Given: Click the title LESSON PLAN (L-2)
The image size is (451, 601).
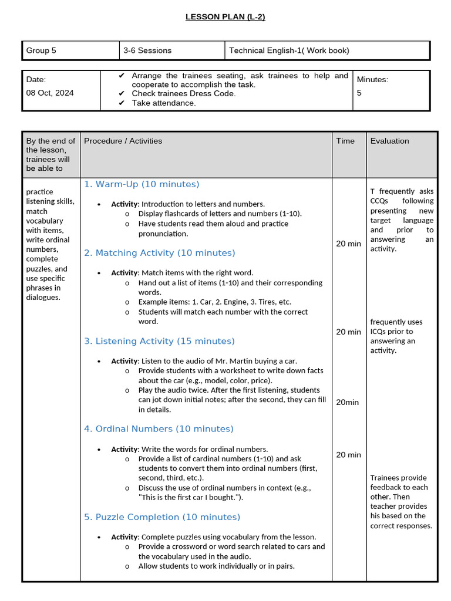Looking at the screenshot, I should (225, 17).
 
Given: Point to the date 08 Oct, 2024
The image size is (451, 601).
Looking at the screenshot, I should (50, 93).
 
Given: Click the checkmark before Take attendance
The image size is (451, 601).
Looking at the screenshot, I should (122, 103).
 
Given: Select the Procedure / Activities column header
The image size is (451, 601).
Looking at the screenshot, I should (123, 141).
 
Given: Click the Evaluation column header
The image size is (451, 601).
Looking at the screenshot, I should (389, 141).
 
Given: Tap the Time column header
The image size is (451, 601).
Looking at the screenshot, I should (345, 141).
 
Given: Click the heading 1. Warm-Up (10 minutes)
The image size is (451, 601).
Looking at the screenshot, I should (142, 184).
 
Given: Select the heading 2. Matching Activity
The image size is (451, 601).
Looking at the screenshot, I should (159, 253).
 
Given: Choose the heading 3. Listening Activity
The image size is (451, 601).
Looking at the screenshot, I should (159, 341).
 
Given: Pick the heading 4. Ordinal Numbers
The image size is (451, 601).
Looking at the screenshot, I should (159, 429).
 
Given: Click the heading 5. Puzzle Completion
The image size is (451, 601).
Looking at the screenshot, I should (162, 517).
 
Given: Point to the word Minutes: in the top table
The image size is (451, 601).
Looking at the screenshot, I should (372, 79).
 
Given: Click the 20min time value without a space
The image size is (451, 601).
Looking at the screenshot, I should (347, 402).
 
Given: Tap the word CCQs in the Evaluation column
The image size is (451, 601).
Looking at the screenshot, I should (379, 201).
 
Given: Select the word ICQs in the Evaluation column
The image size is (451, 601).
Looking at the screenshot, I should (379, 332).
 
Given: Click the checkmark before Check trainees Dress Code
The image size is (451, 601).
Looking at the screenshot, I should (122, 94).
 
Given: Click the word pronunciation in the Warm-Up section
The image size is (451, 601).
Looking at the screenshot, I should (163, 234).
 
